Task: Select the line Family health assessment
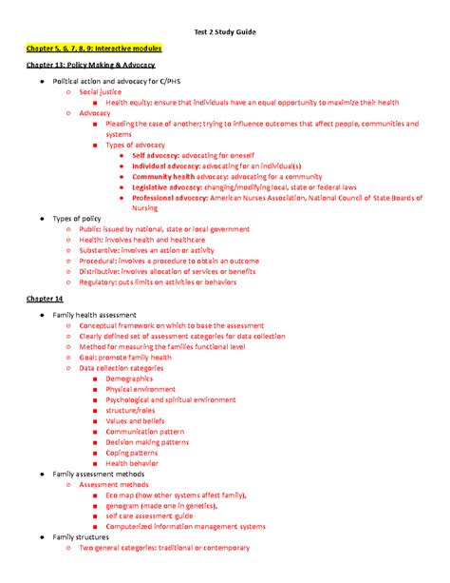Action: (x=95, y=315)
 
